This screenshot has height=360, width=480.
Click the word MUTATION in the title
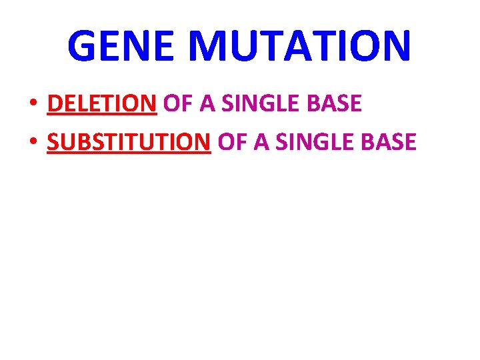coord(299,45)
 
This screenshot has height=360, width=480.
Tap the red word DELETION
coord(102,104)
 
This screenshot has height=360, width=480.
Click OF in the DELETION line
coord(176,104)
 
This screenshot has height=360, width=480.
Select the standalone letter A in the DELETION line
coord(205,104)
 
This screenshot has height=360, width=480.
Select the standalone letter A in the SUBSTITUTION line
coord(259,141)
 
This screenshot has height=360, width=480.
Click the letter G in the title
coord(83,45)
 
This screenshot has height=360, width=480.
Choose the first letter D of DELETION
coord(55,104)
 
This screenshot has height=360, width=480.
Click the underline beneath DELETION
coord(102,116)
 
